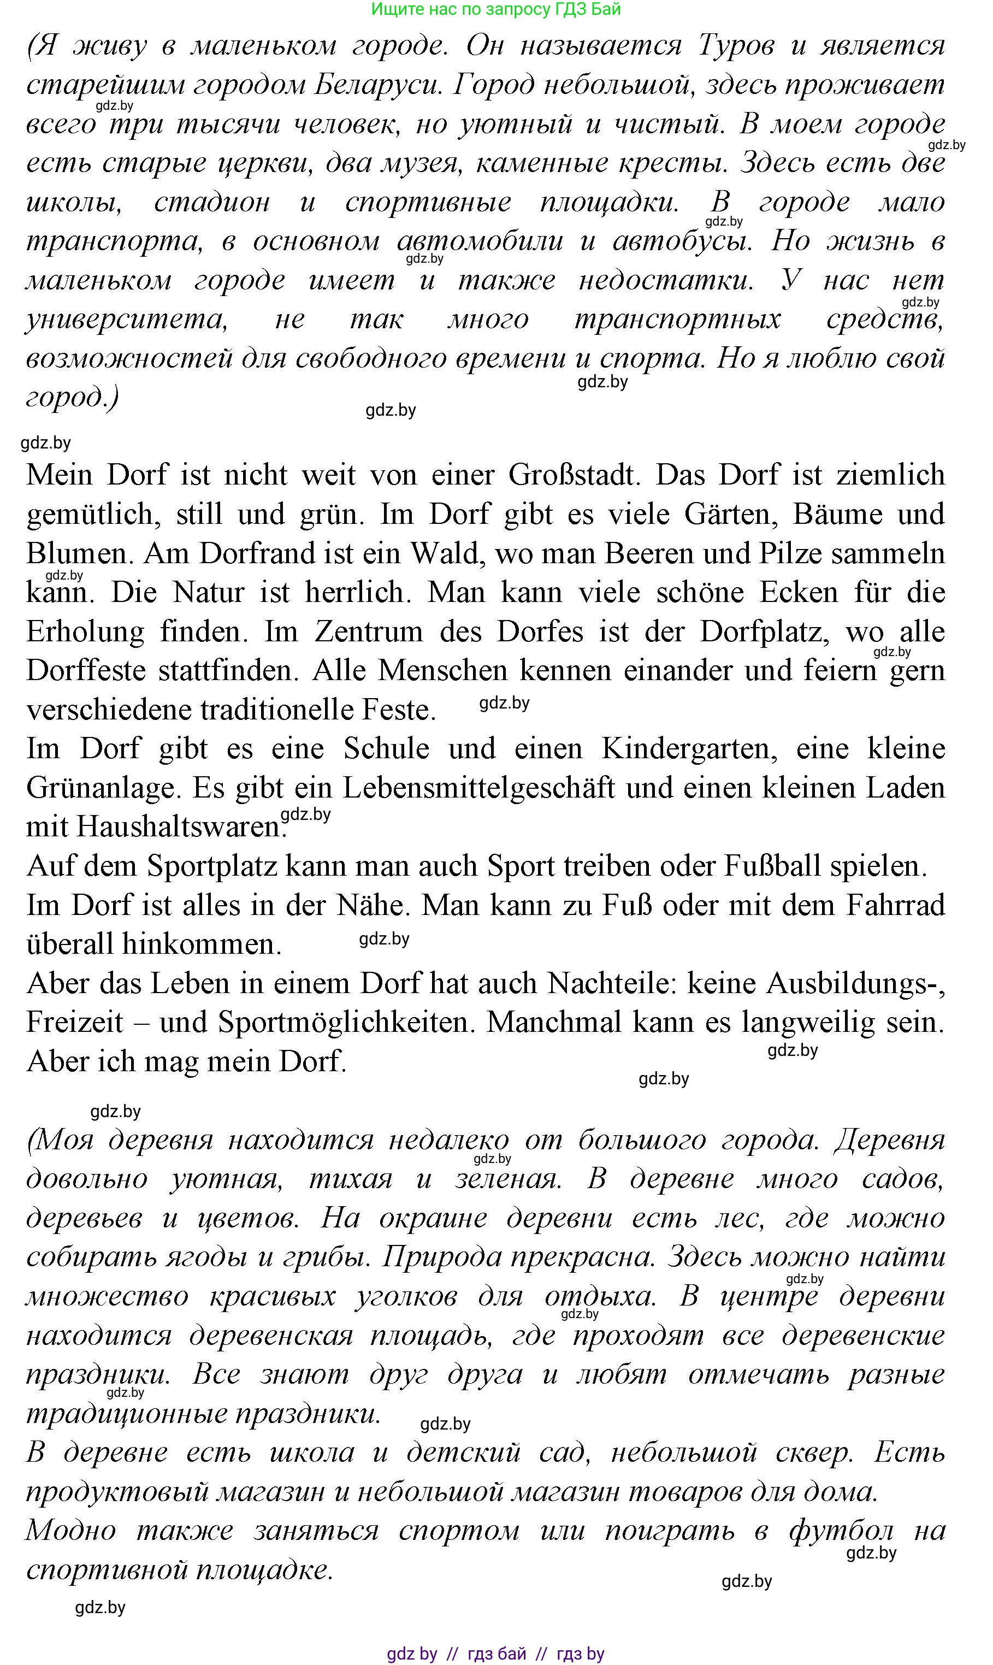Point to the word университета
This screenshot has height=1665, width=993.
coord(127,319)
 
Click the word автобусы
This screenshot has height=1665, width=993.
coord(683,241)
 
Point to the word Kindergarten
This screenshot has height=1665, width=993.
coord(689,749)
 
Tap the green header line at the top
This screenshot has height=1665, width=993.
coord(495,9)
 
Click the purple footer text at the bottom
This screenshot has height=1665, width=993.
coord(495,1654)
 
